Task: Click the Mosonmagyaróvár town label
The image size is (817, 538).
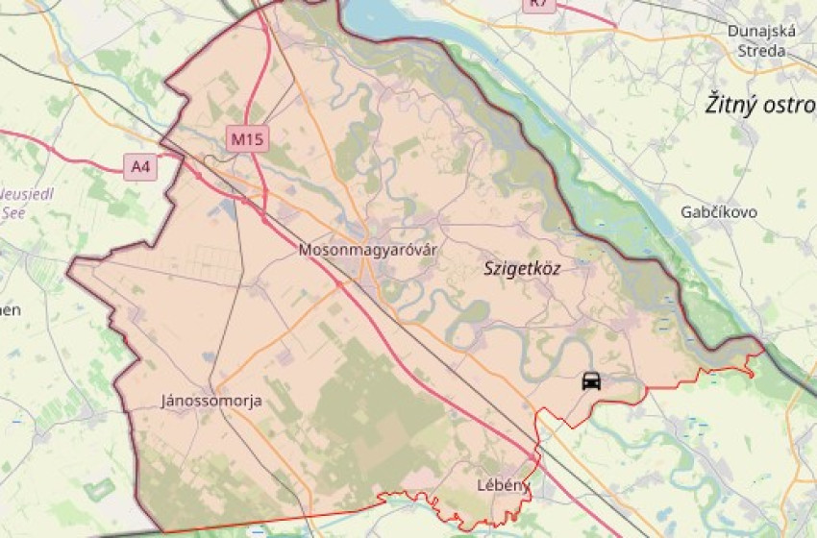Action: pos(367,250)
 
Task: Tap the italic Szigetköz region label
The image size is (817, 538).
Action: pos(522,269)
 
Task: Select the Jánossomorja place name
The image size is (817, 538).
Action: pos(211,401)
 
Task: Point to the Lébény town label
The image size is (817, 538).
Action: pos(504,485)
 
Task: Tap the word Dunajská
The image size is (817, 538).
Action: pos(761,31)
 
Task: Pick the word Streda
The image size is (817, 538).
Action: pos(761,50)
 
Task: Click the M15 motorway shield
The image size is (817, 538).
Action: pos(247,139)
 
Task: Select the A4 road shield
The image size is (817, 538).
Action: pos(141,167)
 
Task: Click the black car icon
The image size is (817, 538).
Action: pos(591,380)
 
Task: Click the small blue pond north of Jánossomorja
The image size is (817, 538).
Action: pos(210,357)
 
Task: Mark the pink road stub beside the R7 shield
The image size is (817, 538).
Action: pos(586,13)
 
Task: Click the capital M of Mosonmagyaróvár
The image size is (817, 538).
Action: pos(305,250)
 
